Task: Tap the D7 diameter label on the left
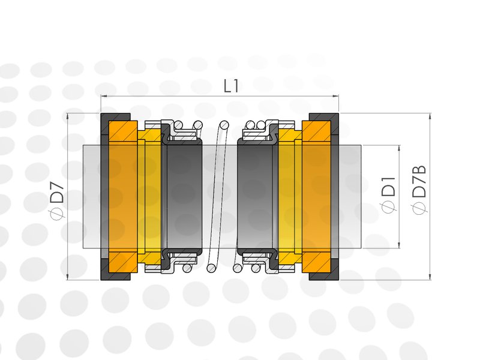57,192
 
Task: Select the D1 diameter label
388,187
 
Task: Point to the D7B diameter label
419,181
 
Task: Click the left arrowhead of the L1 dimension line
104,97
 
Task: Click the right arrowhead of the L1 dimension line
335,97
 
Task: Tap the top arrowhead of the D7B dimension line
430,116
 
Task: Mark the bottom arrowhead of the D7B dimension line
430,277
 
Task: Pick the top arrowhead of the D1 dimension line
399,148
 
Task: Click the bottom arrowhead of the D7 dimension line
68,277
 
